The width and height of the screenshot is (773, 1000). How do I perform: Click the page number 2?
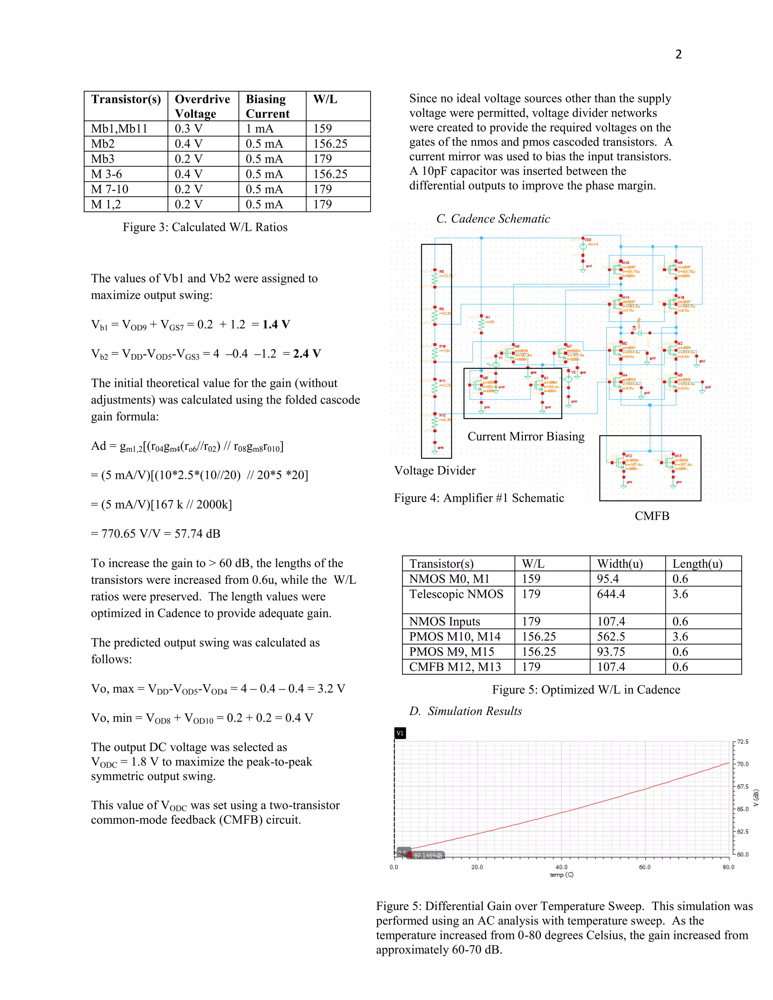pos(678,54)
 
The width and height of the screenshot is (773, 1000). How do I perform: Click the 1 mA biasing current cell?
pos(260,129)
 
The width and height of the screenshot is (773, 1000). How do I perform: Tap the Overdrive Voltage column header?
pos(202,106)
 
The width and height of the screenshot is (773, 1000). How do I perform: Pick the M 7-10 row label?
pos(110,189)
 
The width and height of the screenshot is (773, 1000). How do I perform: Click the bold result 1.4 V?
pos(276,325)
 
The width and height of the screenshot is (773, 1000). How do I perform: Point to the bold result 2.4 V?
pos(307,354)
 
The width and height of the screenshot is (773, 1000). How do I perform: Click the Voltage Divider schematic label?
pos(434,471)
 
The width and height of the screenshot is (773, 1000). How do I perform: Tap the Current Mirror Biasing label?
pos(526,436)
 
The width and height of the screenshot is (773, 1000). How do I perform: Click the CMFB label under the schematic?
pos(651,516)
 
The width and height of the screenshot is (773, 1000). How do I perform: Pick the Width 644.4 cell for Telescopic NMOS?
pos(611,594)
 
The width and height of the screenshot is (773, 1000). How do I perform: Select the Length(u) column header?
pos(697,564)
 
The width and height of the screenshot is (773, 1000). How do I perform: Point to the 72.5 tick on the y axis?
pos(742,742)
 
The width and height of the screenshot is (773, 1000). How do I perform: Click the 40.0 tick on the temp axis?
pos(561,867)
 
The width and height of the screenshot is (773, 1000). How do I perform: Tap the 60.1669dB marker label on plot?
pos(428,855)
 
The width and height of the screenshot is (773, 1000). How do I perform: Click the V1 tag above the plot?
pos(400,733)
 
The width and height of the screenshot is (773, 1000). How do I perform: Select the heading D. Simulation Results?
pos(466,711)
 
